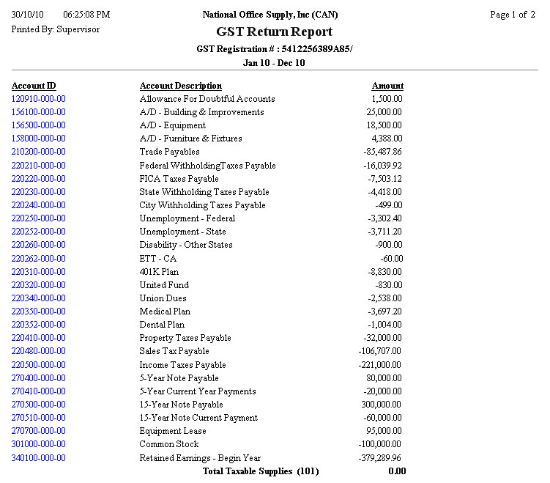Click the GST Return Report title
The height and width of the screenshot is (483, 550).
[x=274, y=32]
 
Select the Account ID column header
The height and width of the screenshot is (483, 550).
[x=34, y=86]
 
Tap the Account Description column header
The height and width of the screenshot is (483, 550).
[x=181, y=86]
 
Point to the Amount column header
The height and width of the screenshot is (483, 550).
[x=387, y=86]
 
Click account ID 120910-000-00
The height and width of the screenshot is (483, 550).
[x=39, y=99]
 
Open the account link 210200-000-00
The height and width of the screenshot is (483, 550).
[x=39, y=152]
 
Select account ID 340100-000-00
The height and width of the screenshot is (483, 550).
[x=39, y=458]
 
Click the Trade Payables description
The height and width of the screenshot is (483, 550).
[x=169, y=152]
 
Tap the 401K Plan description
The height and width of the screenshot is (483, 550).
[x=160, y=272]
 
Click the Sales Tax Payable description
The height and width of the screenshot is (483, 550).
[x=174, y=351]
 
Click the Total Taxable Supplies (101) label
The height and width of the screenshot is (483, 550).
[x=261, y=471]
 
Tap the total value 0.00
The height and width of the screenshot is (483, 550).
[x=397, y=471]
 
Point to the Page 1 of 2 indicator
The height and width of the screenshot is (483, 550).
[x=513, y=15]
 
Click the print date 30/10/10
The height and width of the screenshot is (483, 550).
[x=29, y=15]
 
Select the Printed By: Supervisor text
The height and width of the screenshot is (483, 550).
[x=56, y=29]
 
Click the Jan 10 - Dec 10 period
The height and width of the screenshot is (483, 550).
[x=274, y=63]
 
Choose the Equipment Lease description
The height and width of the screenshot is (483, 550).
[x=173, y=431]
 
